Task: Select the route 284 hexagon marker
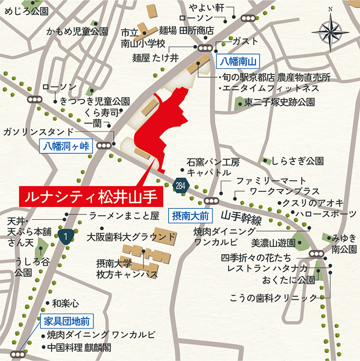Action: (x=180, y=185)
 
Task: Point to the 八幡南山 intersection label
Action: (x=237, y=60)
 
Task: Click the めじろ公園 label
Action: (x=27, y=10)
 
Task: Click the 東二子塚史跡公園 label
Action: (x=279, y=102)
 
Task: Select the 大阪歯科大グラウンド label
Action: (x=131, y=237)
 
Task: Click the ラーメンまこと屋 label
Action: (x=124, y=216)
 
